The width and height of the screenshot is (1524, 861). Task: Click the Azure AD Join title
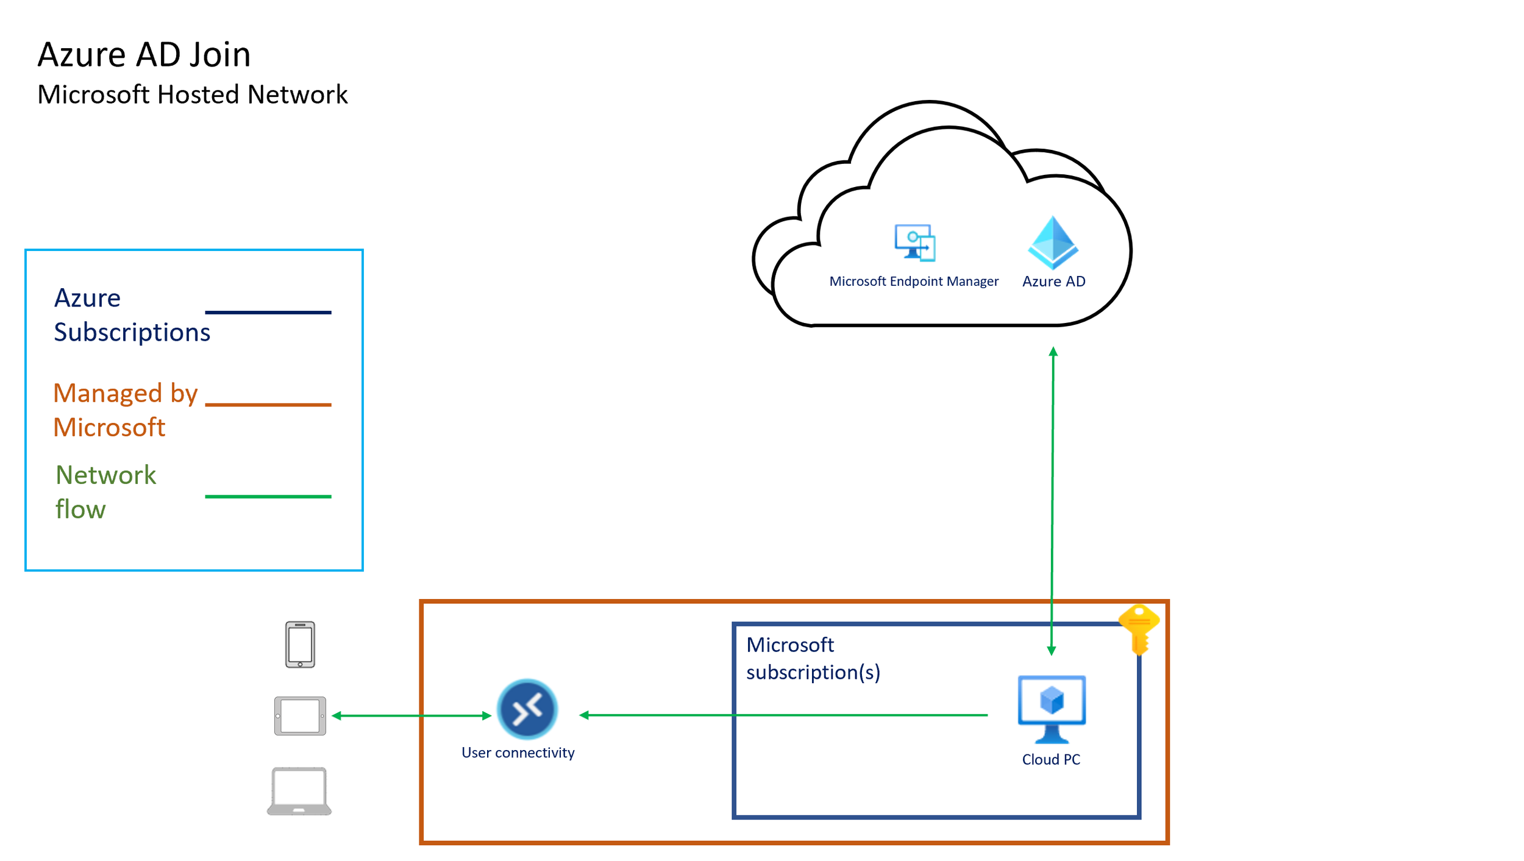(x=144, y=55)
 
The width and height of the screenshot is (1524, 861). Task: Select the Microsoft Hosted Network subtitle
(x=192, y=95)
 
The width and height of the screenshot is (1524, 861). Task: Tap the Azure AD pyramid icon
(x=1053, y=243)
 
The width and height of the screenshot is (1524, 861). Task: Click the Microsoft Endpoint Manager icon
(x=914, y=243)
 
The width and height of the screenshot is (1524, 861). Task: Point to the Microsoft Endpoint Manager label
(x=913, y=282)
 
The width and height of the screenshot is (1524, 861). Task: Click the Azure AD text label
(x=1053, y=282)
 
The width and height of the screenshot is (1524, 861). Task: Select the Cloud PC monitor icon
(x=1052, y=709)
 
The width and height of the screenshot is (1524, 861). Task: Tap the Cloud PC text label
(x=1051, y=760)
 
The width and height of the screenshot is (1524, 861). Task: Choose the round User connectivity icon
(x=527, y=709)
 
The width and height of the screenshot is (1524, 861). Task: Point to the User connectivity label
(x=518, y=753)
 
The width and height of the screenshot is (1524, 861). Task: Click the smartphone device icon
(x=300, y=645)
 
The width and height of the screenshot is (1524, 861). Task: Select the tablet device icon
(x=300, y=716)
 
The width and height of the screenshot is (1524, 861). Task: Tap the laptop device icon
(x=299, y=791)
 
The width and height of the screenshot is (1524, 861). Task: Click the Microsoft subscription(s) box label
(x=813, y=659)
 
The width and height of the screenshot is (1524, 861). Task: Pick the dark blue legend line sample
(x=268, y=313)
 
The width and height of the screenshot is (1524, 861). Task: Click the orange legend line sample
(x=268, y=405)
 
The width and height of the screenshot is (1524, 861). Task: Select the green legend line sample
(x=268, y=497)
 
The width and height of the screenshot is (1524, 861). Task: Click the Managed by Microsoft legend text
(x=125, y=410)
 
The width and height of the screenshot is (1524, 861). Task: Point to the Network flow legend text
(x=105, y=492)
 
